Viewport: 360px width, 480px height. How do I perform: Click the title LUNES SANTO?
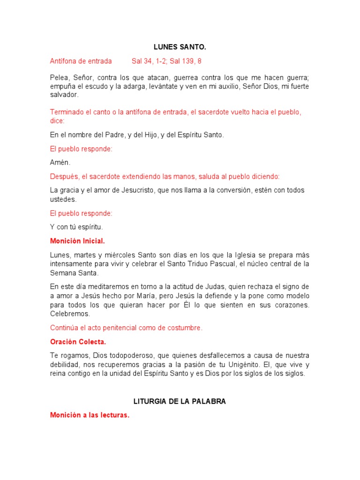coord(180,47)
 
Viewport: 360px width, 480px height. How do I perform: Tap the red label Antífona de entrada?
coord(81,61)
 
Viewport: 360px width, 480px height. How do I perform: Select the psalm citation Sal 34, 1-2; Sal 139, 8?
coord(166,61)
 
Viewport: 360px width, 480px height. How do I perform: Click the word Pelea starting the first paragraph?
coord(59,78)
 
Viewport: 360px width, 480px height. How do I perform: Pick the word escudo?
coord(95,86)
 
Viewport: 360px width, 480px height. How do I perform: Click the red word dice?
coord(57,120)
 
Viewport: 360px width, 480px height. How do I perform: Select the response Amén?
coord(60,162)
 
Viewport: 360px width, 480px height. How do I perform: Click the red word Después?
coord(65,177)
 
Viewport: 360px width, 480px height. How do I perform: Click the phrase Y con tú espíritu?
coord(76,227)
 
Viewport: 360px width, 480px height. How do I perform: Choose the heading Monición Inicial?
coord(77,241)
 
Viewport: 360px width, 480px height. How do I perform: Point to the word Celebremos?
coord(70,314)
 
